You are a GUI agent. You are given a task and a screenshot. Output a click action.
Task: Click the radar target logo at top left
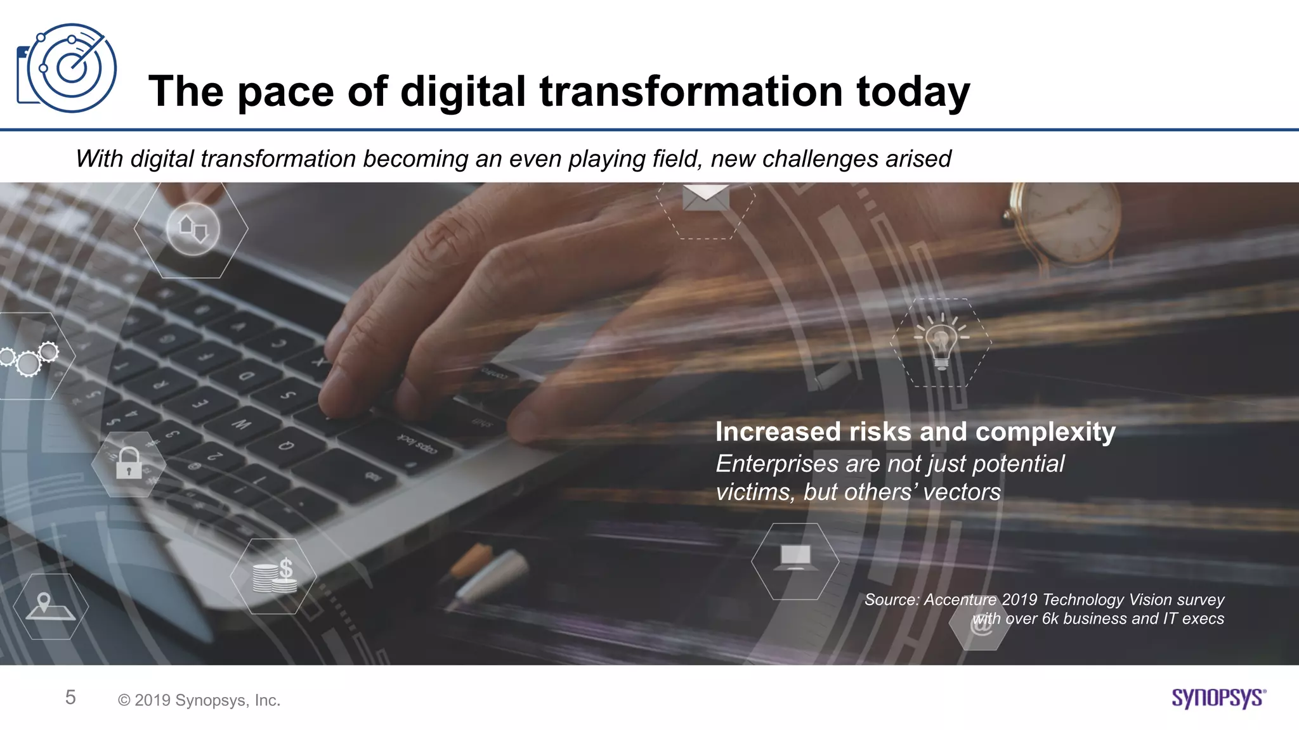[67, 68]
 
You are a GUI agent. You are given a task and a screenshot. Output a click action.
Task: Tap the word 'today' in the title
[913, 92]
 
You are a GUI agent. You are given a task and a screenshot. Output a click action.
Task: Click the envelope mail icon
[705, 198]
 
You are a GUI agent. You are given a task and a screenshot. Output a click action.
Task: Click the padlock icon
[129, 463]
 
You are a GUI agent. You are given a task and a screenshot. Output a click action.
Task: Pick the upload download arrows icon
[193, 229]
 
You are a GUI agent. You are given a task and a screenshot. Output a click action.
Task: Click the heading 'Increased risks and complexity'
[915, 432]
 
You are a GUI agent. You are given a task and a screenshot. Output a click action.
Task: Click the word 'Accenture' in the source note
[960, 599]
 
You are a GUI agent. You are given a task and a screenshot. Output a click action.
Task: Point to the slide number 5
[70, 698]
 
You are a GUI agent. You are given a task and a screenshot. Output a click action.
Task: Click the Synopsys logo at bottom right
[1218, 698]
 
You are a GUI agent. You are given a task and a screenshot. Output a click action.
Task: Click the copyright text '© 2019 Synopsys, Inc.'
[199, 700]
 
